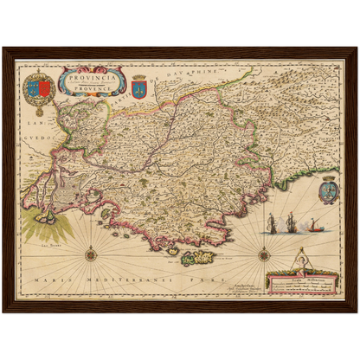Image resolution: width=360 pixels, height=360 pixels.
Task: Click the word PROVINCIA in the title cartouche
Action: pyautogui.click(x=92, y=75)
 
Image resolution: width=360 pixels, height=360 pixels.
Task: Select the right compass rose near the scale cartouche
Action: pyautogui.click(x=264, y=253)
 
